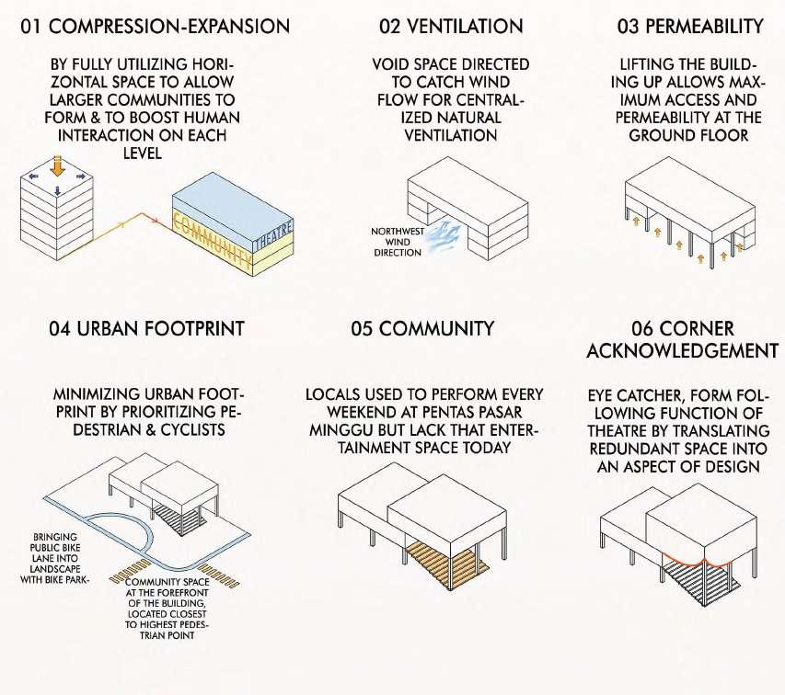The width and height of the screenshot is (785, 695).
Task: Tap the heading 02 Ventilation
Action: point(450,26)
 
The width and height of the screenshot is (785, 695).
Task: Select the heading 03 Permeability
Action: point(689,26)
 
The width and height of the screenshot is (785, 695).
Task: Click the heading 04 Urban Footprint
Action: point(147,328)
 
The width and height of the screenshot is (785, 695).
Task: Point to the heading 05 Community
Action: point(422,328)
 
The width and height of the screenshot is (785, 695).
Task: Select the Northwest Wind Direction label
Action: point(398,242)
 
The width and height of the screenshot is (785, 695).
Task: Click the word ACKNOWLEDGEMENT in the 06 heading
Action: point(682,351)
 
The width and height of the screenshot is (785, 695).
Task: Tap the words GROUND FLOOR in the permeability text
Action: point(687,135)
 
